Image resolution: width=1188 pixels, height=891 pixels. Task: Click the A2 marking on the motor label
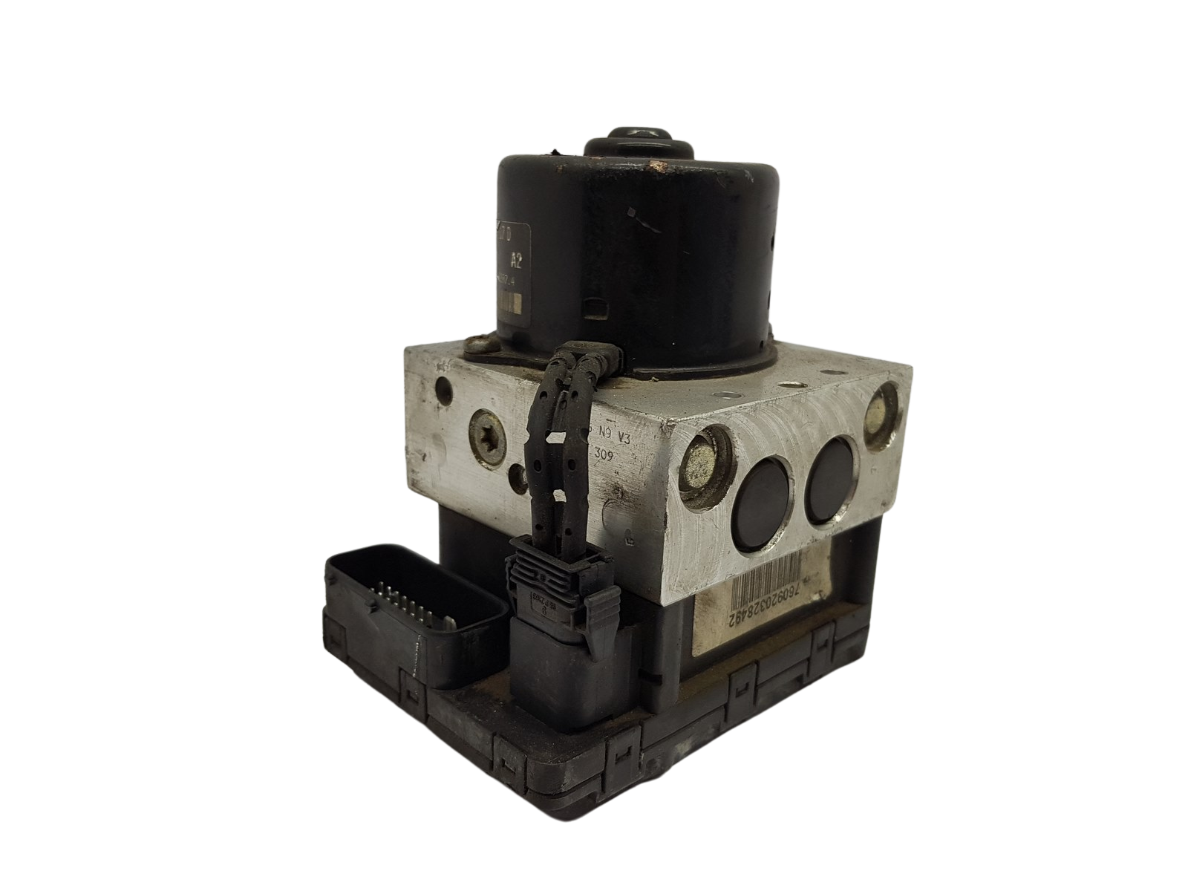[515, 261]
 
